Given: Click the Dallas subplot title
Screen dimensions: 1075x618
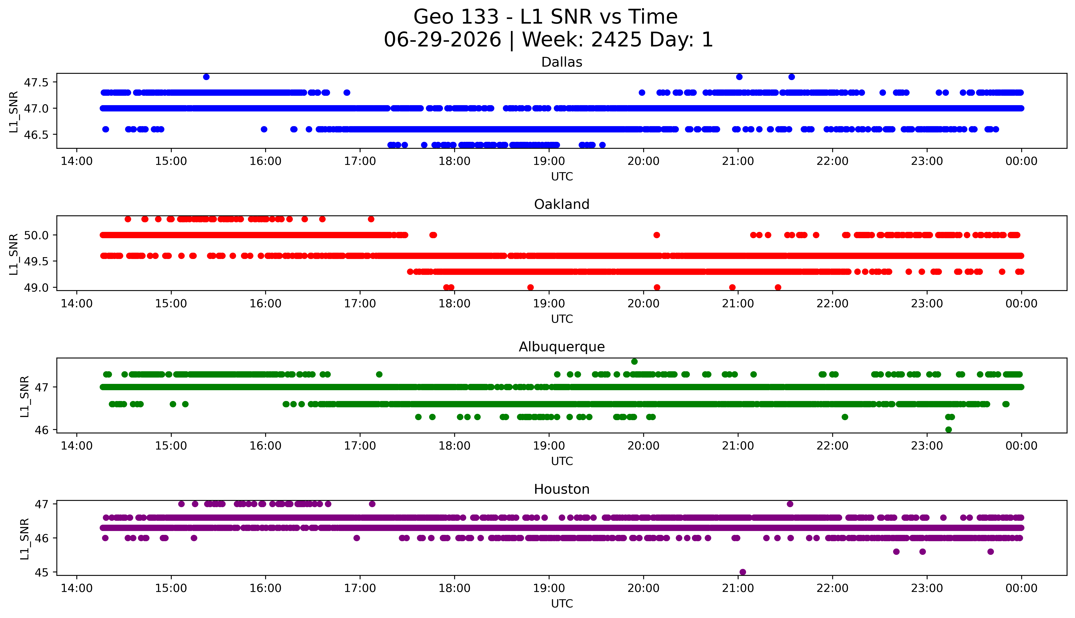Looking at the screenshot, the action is pyautogui.click(x=562, y=62).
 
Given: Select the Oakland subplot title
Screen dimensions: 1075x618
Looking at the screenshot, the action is pyautogui.click(x=562, y=205).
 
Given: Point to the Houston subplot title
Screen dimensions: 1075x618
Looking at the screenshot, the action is pyautogui.click(x=562, y=489).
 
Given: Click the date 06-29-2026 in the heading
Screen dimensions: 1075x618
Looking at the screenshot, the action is pyautogui.click(x=442, y=40).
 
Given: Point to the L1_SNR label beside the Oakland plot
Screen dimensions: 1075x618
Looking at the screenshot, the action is pyautogui.click(x=14, y=254).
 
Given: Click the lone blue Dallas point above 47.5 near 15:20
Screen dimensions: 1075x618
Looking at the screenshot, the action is pyautogui.click(x=206, y=77).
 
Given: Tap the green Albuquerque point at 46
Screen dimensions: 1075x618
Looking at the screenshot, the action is pyautogui.click(x=949, y=430).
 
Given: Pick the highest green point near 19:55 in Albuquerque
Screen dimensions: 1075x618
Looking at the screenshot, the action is pyautogui.click(x=634, y=362).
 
